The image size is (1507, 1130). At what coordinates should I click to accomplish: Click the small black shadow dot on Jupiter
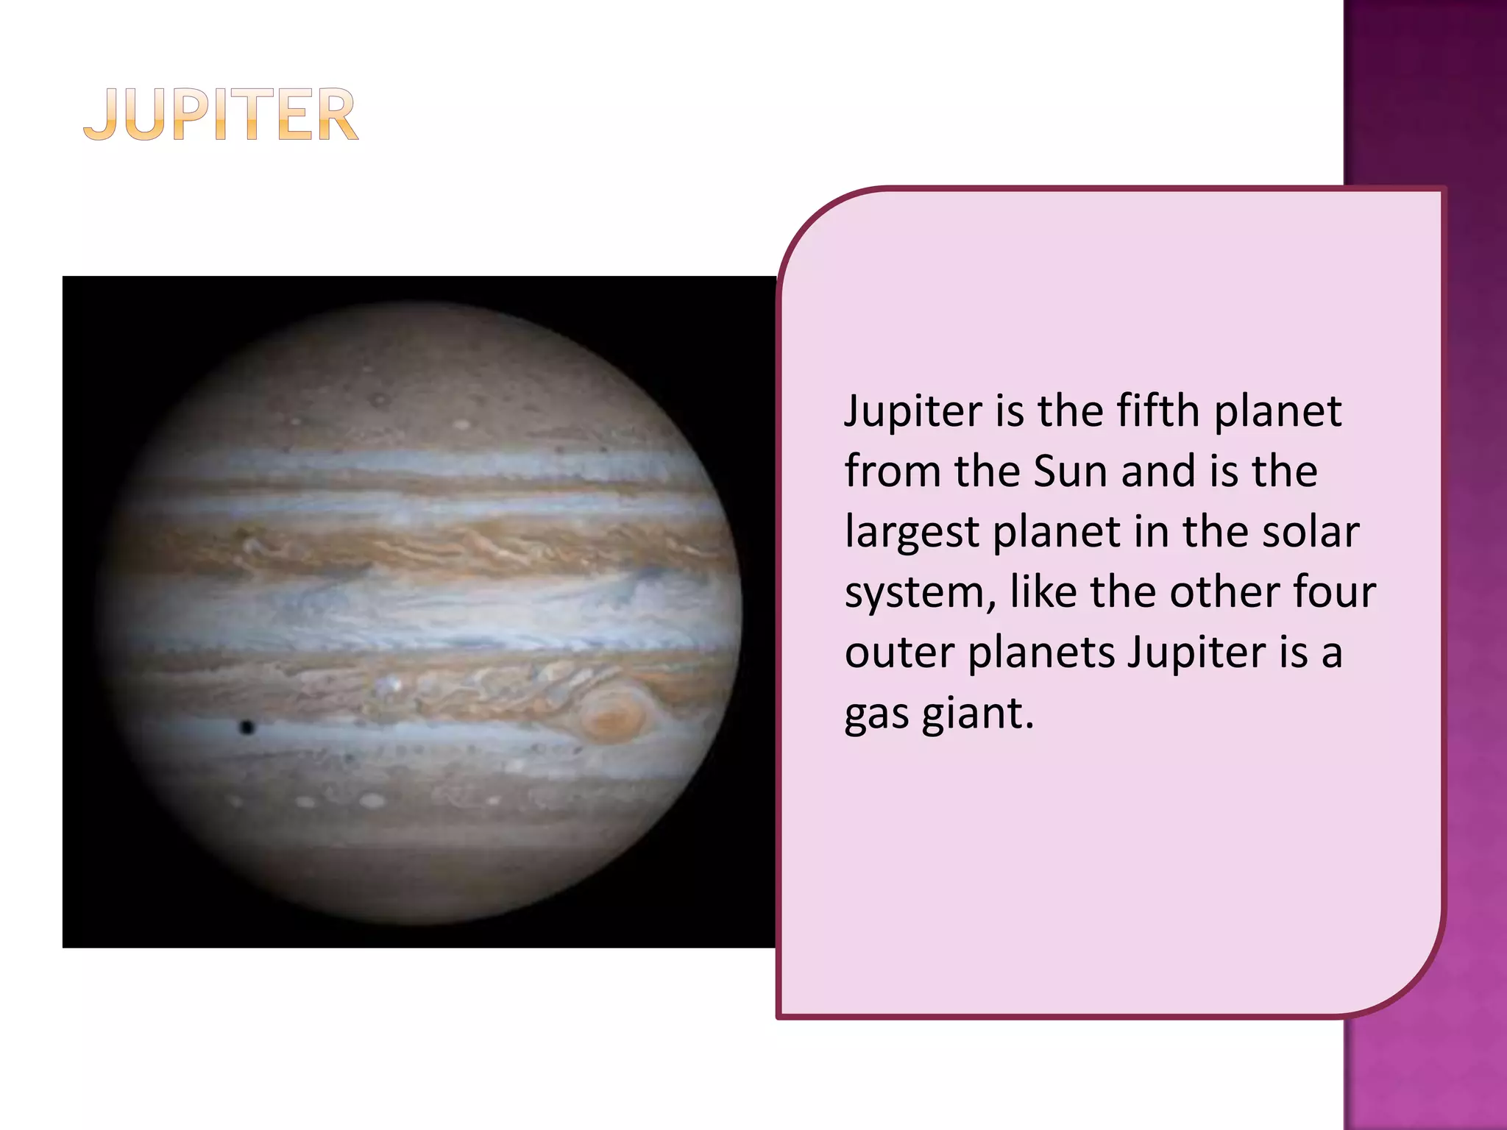[x=247, y=728]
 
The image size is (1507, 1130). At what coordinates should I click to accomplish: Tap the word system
[x=918, y=593]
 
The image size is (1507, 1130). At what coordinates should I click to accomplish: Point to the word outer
[x=899, y=653]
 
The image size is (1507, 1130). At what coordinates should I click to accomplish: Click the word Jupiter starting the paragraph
[x=912, y=412]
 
